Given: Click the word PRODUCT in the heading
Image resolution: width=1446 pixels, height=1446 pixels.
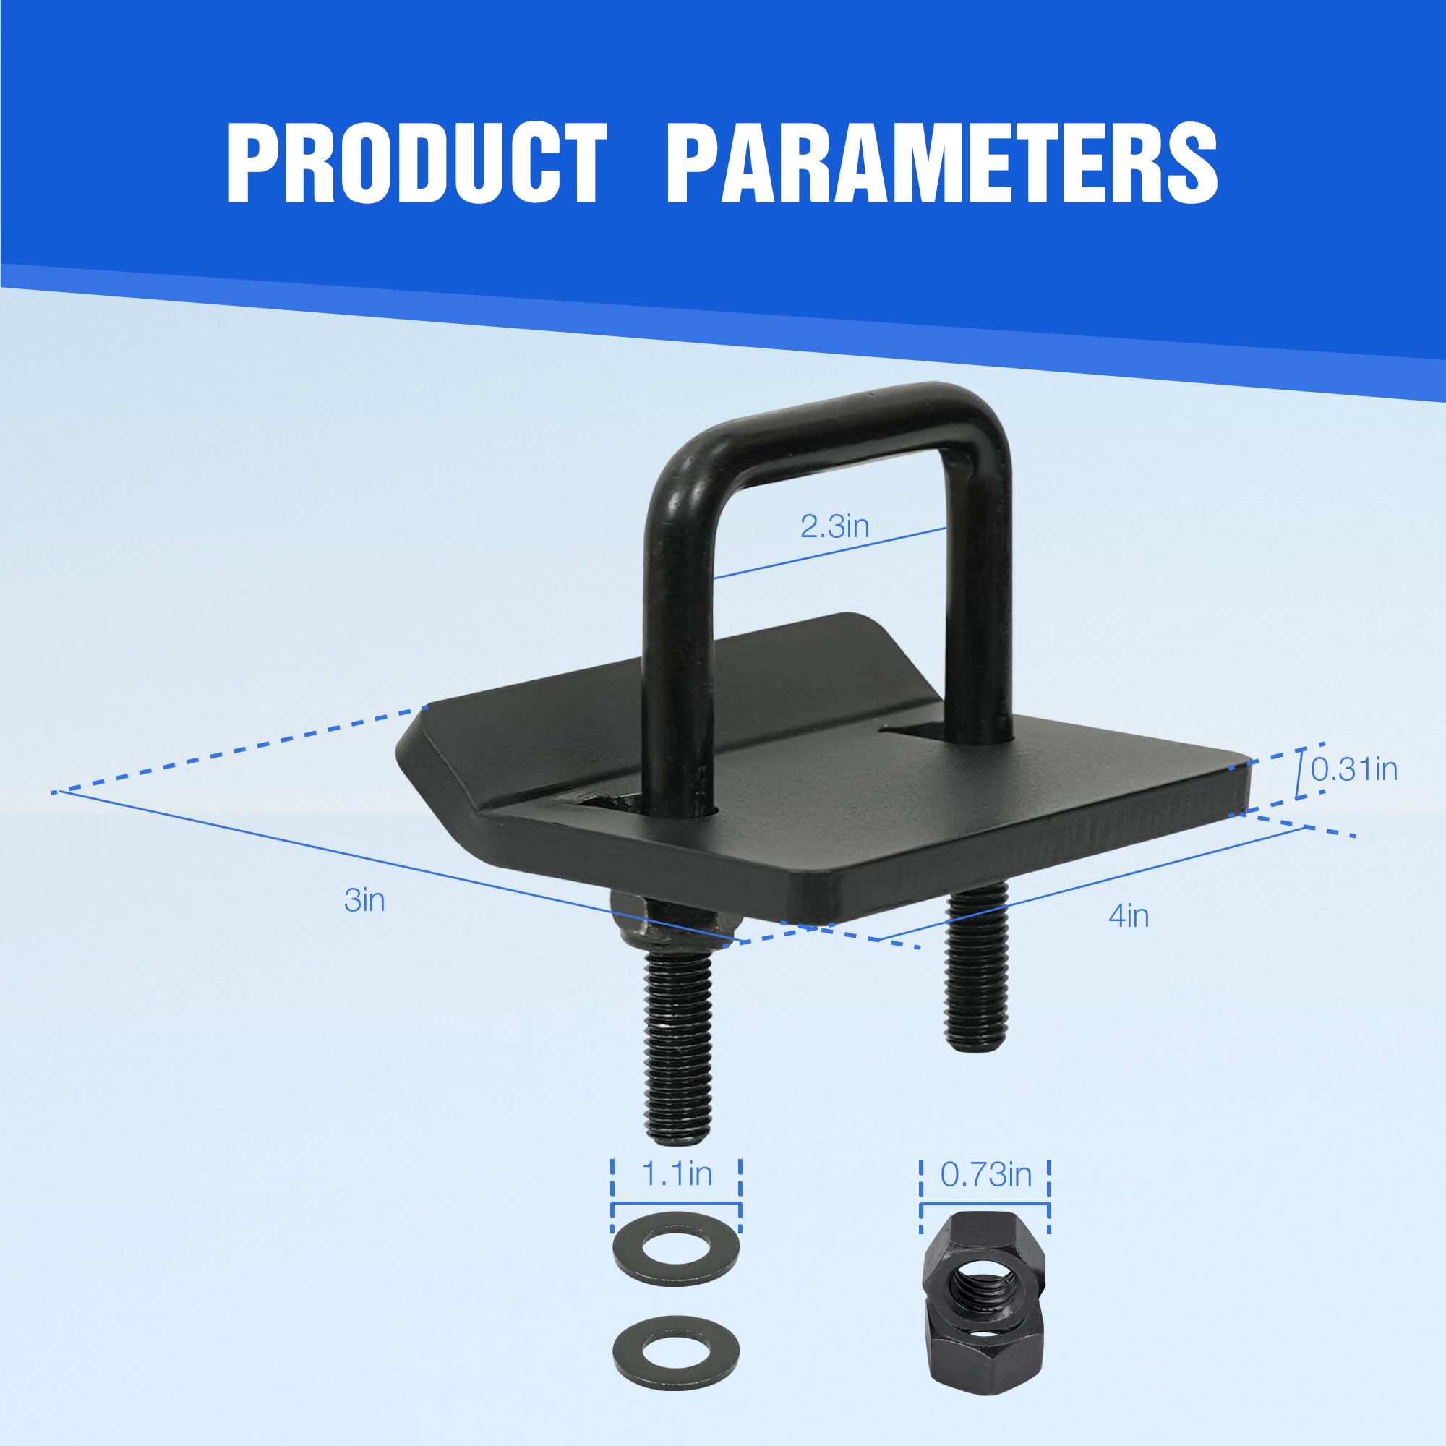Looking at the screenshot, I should click(x=416, y=163).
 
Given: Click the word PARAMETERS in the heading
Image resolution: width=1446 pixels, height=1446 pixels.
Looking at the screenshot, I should click(x=941, y=163).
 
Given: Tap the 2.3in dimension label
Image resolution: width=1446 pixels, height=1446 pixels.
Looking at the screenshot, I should click(x=834, y=527).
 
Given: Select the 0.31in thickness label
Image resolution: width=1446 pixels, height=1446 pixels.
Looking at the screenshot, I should click(x=1354, y=769).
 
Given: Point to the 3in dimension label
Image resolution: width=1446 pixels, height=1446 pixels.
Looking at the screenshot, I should click(x=364, y=900).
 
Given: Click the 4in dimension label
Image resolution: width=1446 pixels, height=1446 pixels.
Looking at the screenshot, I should click(x=1129, y=916).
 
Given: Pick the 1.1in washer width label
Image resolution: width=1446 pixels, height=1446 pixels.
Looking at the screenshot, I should click(x=677, y=1173).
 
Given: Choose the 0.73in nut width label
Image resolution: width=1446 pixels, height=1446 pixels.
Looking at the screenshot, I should click(x=985, y=1175).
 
